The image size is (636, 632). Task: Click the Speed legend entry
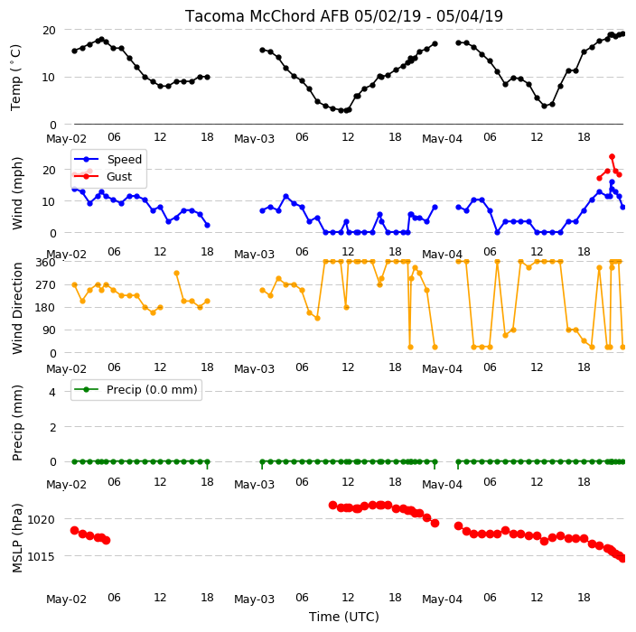coord(108,159)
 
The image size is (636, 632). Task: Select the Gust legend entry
coord(103,176)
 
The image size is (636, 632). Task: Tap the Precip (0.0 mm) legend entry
coord(136,389)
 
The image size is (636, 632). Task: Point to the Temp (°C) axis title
coord(16,78)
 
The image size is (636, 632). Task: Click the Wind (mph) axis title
coord(16,193)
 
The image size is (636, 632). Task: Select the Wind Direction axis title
coord(17,308)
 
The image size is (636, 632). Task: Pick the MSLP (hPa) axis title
coord(16,538)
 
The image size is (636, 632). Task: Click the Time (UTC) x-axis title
coord(344,617)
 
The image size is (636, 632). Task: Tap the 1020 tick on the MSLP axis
coord(42,519)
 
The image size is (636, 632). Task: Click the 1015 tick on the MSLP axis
coord(42,556)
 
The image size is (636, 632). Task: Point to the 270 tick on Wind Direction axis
coord(45,285)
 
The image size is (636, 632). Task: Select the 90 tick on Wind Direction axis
coord(49,330)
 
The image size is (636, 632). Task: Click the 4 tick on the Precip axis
coord(52,392)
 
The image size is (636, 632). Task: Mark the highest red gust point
coord(613,157)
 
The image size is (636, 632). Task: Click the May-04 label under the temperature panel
coord(442,139)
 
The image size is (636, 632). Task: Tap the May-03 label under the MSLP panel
coord(255,599)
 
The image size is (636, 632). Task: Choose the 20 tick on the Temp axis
coord(49,31)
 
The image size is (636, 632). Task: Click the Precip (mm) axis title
coord(16,423)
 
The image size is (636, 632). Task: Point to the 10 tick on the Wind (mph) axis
coord(49,201)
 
